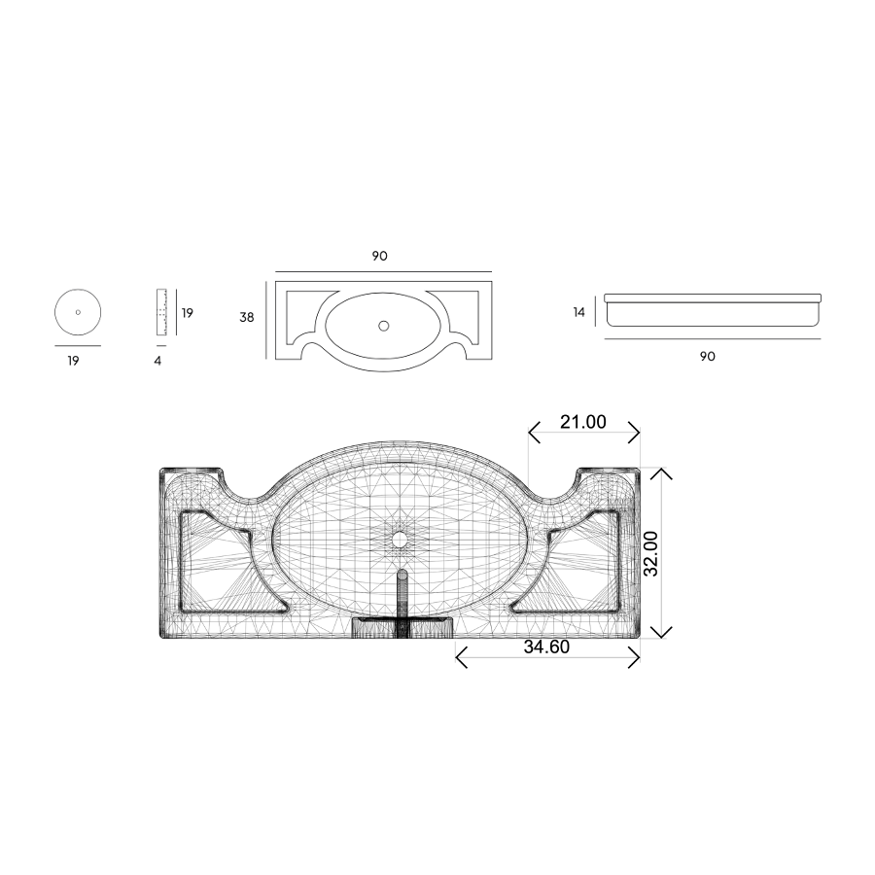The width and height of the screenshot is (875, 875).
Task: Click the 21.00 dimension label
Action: point(582,422)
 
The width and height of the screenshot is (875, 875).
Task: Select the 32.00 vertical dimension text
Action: point(650,553)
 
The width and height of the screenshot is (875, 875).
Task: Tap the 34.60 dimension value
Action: point(546,647)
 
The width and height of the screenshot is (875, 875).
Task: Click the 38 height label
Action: point(247,317)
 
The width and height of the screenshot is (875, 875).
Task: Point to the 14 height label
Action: point(578,312)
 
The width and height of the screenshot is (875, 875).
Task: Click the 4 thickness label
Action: point(157,361)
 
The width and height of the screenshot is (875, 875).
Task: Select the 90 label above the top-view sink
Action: point(379,256)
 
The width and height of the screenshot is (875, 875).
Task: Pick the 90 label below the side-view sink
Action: point(708,356)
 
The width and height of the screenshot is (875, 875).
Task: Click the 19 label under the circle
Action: point(73,361)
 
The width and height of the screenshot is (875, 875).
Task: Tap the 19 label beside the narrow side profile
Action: point(188,313)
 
